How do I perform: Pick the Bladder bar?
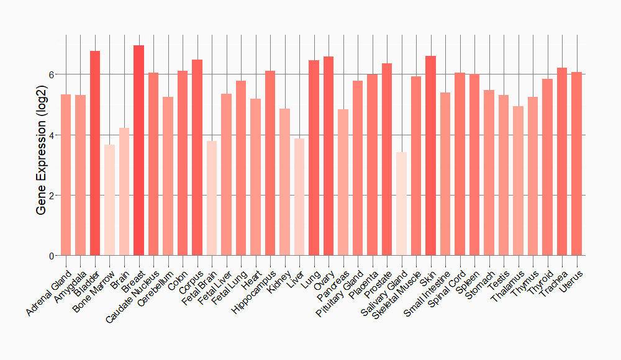pyautogui.click(x=95, y=153)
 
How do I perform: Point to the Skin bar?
pyautogui.click(x=430, y=155)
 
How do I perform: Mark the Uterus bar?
pyautogui.click(x=576, y=164)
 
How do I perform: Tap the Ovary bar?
pyautogui.click(x=329, y=156)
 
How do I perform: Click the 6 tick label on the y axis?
pyautogui.click(x=52, y=74)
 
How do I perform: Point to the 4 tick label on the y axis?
pyautogui.click(x=52, y=135)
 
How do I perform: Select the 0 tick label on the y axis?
pyautogui.click(x=52, y=256)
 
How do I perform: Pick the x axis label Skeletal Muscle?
pyautogui.click(x=398, y=292)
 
